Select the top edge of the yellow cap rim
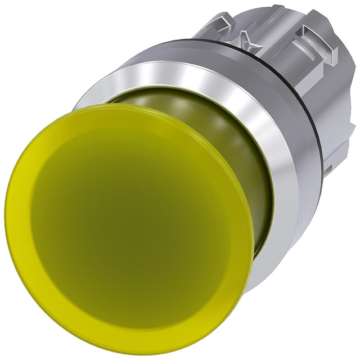click(129, 105)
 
